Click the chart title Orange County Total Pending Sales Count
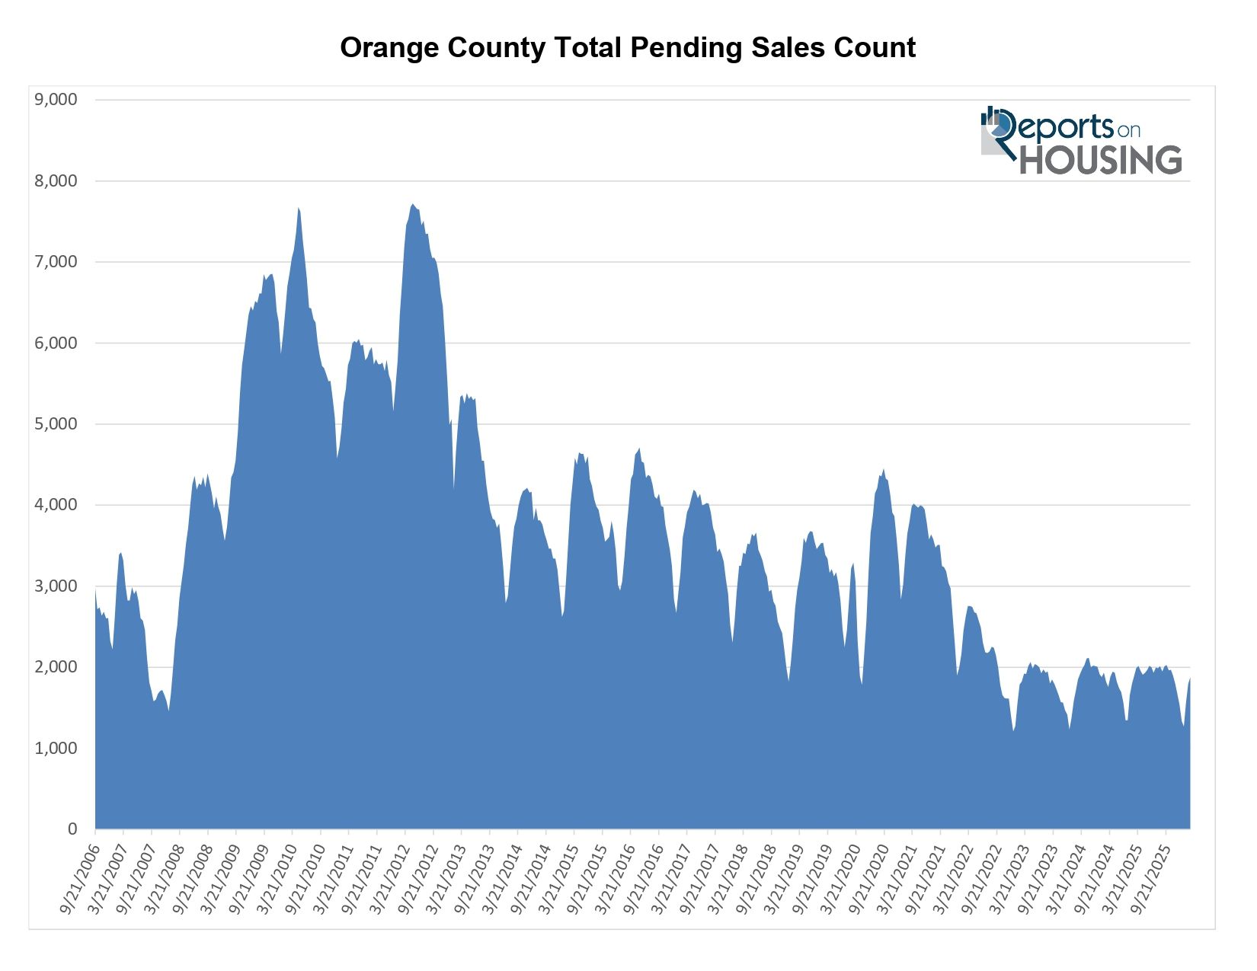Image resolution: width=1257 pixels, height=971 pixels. tap(628, 48)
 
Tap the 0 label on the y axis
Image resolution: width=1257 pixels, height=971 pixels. tap(72, 829)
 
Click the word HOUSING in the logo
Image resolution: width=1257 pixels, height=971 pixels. tap(1100, 160)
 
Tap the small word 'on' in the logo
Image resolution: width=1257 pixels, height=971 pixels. tap(1128, 130)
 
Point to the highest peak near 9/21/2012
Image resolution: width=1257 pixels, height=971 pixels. tap(413, 205)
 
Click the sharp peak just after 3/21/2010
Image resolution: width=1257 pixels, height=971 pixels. tap(299, 209)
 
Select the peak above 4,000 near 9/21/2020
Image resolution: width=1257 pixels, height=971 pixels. tap(884, 470)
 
